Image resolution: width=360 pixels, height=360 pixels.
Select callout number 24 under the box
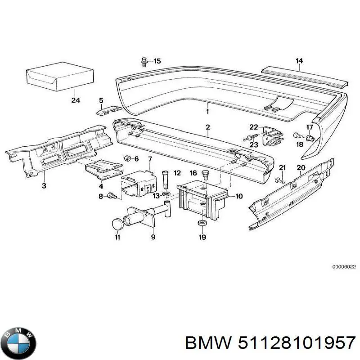click(x=75, y=100)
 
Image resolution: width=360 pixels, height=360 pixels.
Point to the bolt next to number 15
click(x=144, y=61)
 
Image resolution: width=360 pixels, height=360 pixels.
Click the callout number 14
click(x=299, y=61)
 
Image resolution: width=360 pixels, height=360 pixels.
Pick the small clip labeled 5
click(x=108, y=109)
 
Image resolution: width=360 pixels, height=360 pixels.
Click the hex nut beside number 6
click(x=127, y=158)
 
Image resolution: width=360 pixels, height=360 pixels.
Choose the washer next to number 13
click(x=166, y=194)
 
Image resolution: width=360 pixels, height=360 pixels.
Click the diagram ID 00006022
click(x=344, y=266)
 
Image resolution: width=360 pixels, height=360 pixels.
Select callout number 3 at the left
click(x=44, y=185)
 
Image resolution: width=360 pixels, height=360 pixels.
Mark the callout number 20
click(x=301, y=168)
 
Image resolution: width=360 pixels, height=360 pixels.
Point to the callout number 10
click(x=239, y=196)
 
